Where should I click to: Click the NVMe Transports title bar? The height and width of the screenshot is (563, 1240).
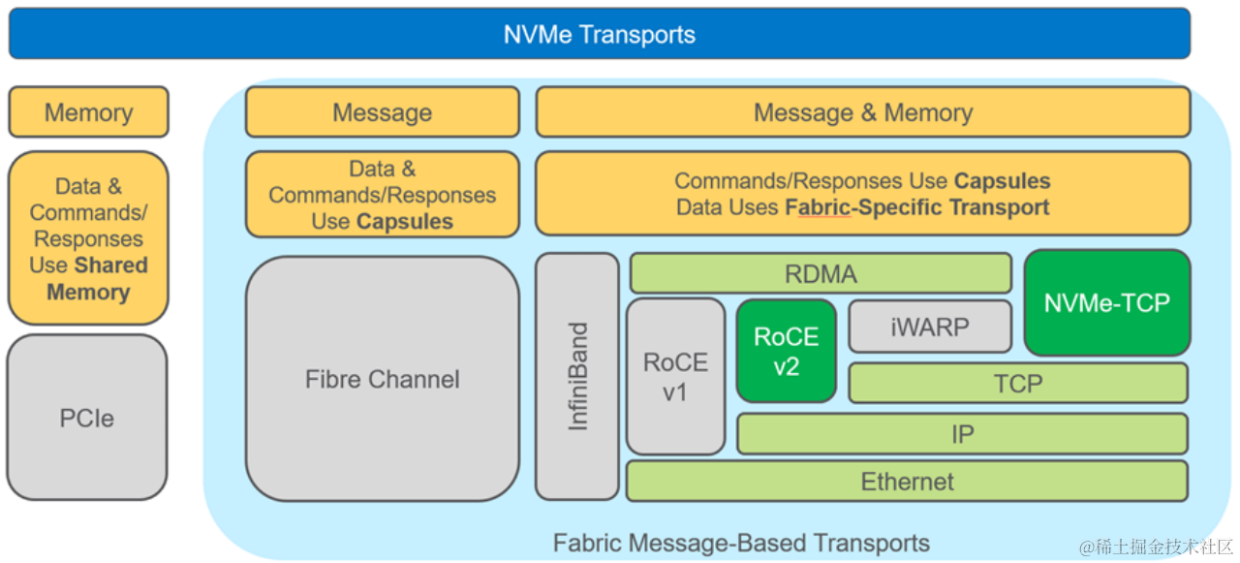tap(599, 35)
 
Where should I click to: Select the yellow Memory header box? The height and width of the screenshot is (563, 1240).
tap(88, 112)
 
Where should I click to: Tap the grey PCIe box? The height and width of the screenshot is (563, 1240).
tap(87, 419)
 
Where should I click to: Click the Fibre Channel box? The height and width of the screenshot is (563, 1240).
tap(382, 379)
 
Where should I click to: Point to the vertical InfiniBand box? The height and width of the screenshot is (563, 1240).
tap(577, 376)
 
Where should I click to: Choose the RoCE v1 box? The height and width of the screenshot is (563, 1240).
tap(675, 376)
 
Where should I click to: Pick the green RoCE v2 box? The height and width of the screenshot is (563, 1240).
tap(786, 351)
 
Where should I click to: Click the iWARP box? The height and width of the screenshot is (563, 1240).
tap(929, 327)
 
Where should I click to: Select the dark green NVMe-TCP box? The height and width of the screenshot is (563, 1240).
tap(1106, 302)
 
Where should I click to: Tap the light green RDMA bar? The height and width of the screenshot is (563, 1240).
tap(821, 274)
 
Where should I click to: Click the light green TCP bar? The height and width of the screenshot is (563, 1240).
tap(1017, 384)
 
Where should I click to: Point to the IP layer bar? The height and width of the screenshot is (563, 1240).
tap(961, 434)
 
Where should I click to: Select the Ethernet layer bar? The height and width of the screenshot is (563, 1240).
tap(907, 482)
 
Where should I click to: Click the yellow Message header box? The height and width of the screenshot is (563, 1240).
tap(382, 112)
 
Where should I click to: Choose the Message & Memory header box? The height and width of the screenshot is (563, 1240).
tap(862, 112)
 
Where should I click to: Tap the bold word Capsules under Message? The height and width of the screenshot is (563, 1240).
tap(404, 222)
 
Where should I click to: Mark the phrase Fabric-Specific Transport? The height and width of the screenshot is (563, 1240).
tap(916, 207)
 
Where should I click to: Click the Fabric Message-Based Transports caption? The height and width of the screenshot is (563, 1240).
tap(741, 543)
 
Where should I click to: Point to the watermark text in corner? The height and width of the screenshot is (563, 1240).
tap(1157, 547)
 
